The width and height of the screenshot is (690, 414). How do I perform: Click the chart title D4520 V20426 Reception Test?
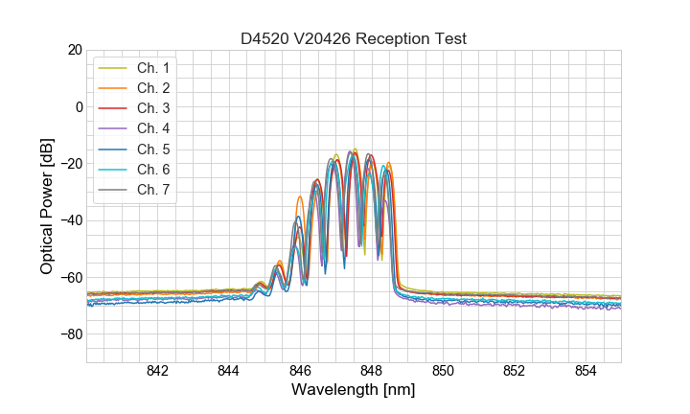pyautogui.click(x=354, y=38)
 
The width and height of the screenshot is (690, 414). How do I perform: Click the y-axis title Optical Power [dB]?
pyautogui.click(x=47, y=205)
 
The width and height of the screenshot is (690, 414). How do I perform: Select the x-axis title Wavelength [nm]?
pyautogui.click(x=354, y=391)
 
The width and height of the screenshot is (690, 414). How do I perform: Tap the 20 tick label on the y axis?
pyautogui.click(x=74, y=50)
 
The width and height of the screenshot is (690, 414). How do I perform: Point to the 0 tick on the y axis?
pyautogui.click(x=78, y=106)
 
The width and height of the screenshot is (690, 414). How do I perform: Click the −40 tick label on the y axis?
pyautogui.click(x=70, y=220)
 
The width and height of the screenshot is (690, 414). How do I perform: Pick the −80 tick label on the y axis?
pyautogui.click(x=70, y=334)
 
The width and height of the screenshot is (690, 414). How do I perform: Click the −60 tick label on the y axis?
pyautogui.click(x=70, y=278)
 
